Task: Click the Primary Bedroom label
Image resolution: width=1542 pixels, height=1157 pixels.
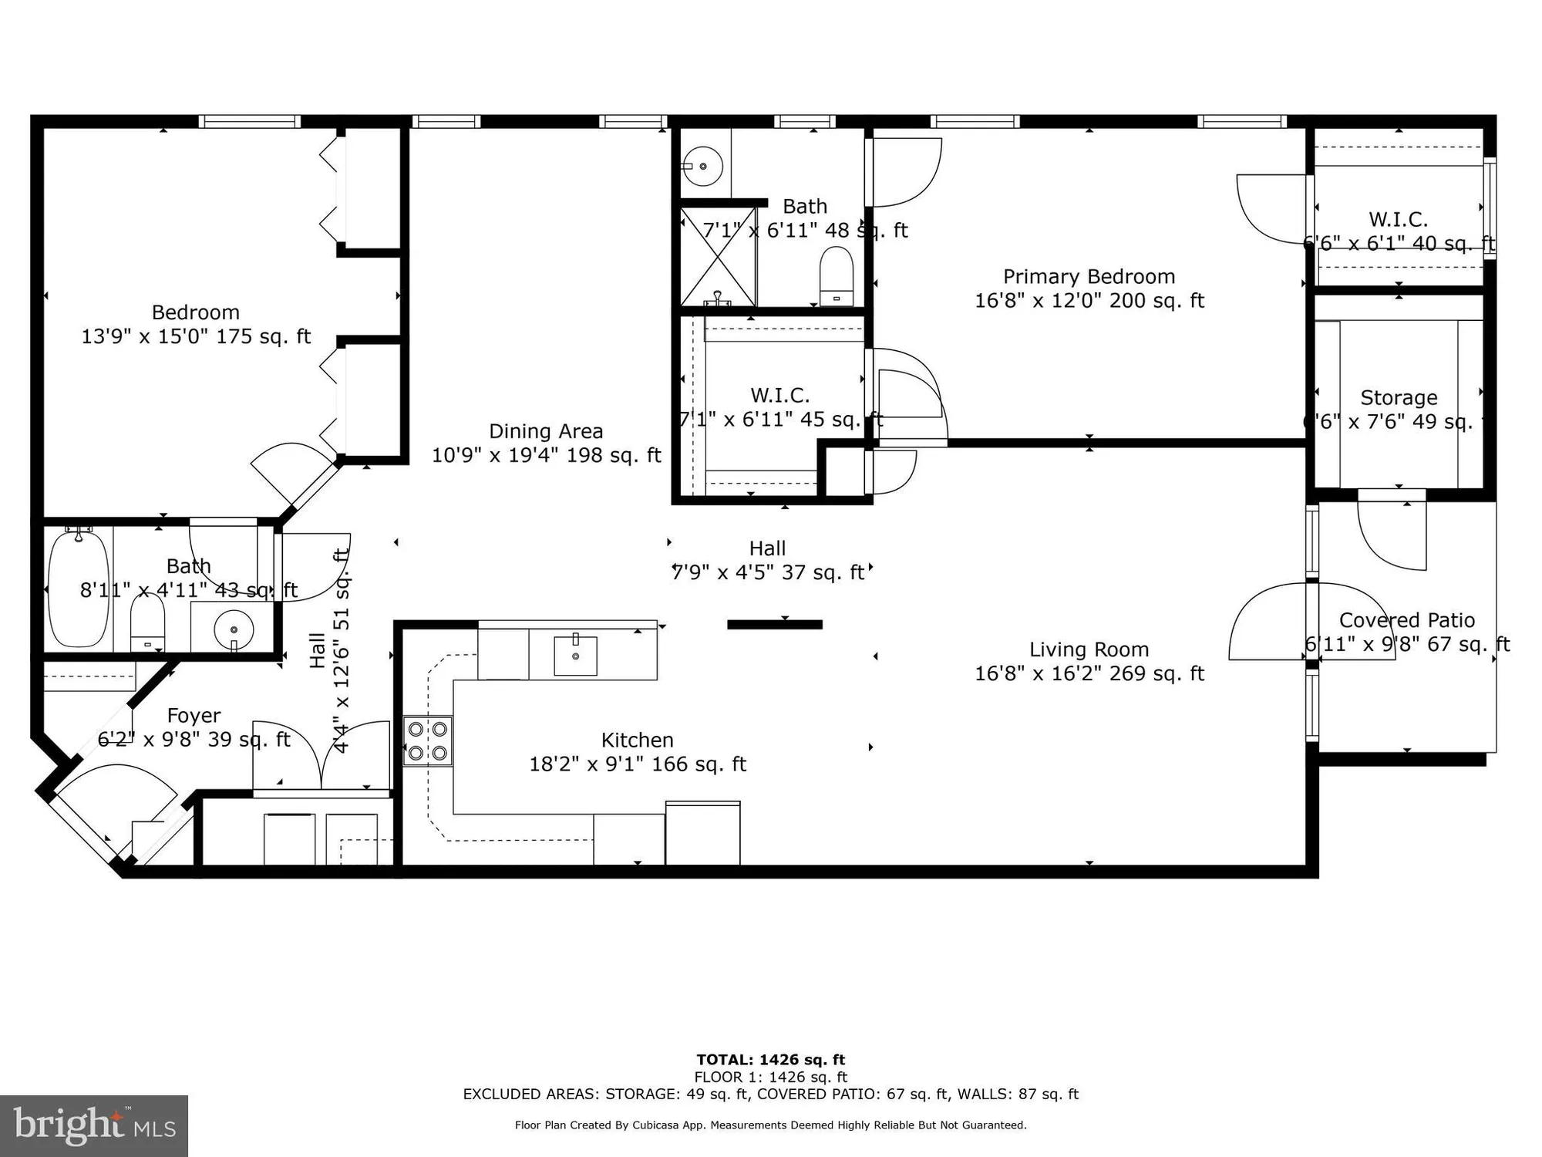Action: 1089,277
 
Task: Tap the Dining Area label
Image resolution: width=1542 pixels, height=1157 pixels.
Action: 546,432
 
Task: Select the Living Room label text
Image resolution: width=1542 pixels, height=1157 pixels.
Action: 1089,650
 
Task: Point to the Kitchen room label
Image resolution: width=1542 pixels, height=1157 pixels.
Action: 638,740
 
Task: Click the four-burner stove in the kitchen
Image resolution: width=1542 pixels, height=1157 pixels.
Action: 428,740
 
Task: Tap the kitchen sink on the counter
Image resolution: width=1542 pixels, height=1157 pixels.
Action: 575,656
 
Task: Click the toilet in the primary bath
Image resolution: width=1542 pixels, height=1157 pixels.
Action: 837,276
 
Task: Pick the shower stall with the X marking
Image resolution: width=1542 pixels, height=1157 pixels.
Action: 718,256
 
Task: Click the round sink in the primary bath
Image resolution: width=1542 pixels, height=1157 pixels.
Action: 702,165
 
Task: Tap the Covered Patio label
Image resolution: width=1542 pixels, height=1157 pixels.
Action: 1406,621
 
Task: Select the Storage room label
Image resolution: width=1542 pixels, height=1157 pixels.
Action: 1399,398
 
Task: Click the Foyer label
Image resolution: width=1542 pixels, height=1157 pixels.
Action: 194,716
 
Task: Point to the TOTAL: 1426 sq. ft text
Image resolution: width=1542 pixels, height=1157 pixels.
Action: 770,1060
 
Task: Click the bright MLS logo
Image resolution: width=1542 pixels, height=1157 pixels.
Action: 93,1125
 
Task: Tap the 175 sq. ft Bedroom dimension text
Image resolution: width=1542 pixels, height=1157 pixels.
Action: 196,337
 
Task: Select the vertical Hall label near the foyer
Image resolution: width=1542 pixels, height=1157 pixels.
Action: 317,649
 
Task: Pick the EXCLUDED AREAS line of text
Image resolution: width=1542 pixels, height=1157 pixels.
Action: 770,1094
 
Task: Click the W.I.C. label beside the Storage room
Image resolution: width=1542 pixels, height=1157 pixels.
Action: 1398,220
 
